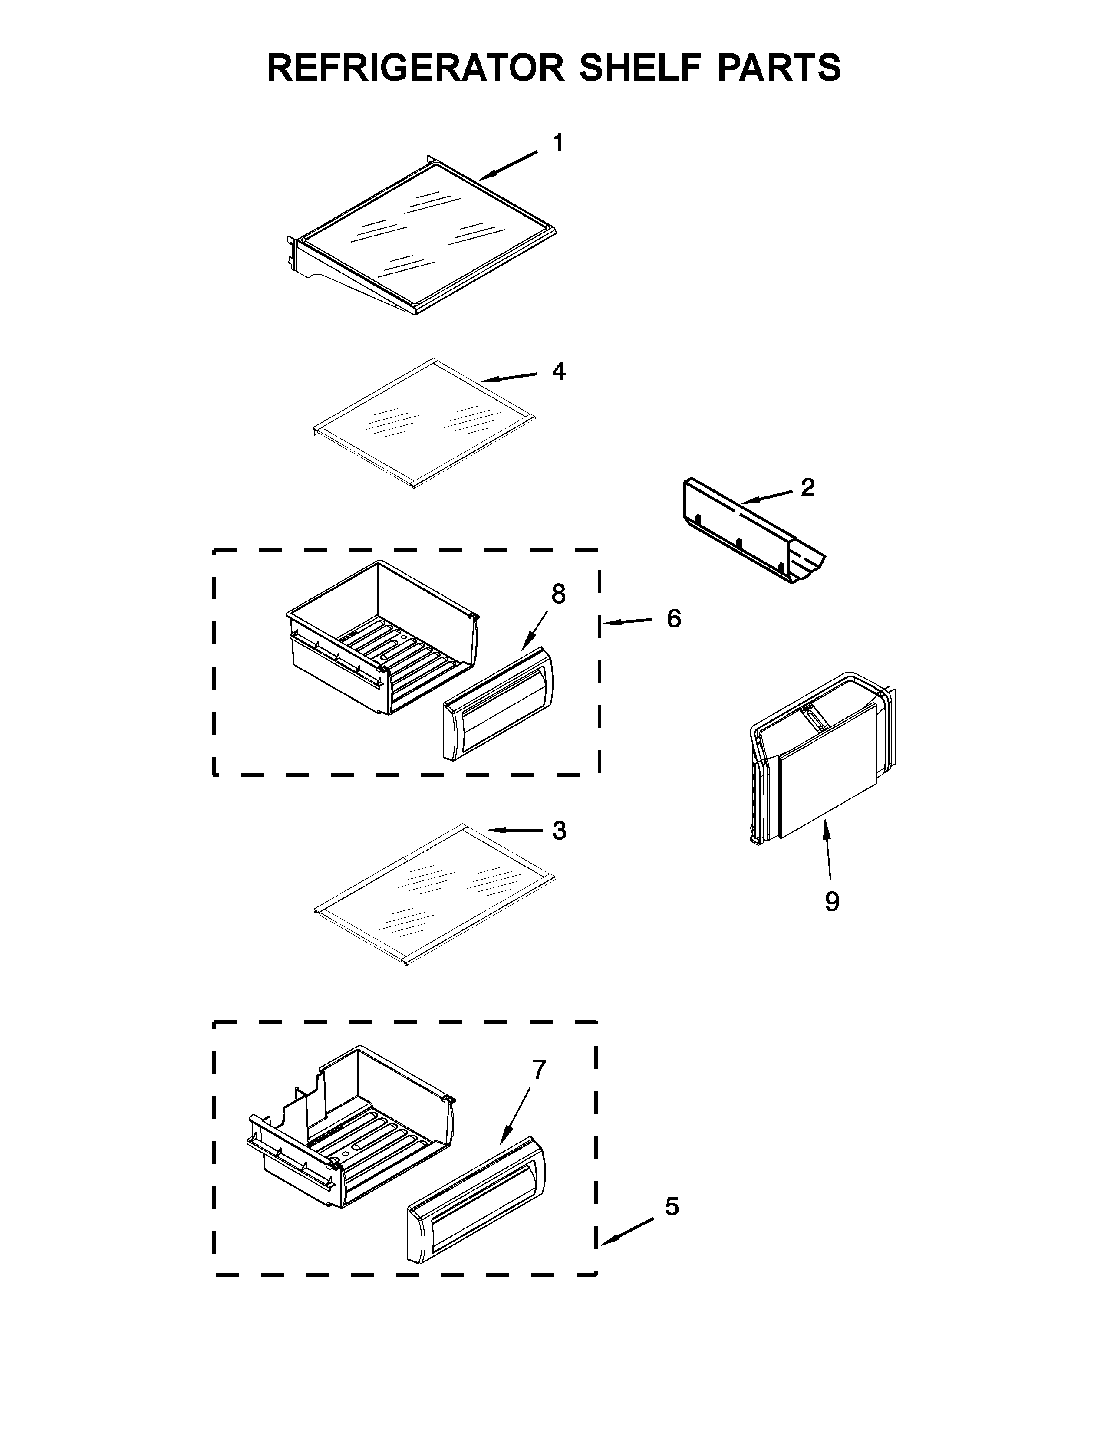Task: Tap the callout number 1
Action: click(557, 143)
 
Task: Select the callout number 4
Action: click(558, 371)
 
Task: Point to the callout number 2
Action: click(807, 487)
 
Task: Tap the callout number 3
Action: click(559, 831)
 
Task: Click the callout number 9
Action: click(832, 902)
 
